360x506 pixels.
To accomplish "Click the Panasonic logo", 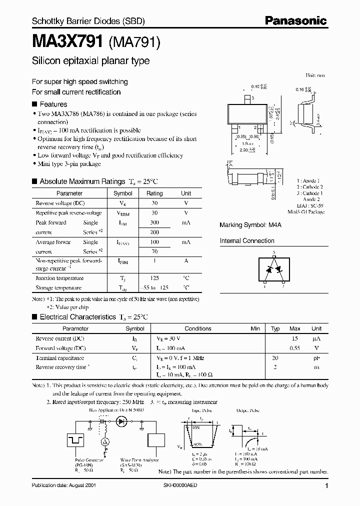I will (x=295, y=21).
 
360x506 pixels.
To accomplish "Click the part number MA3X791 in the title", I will (x=67, y=42).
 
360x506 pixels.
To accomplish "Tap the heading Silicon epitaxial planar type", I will (x=90, y=61).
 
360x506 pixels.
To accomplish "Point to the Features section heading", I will (x=53, y=104).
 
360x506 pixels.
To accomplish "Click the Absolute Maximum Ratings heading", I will (x=81, y=181).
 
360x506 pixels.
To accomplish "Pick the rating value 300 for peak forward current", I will (x=154, y=222).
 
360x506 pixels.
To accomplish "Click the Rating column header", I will (x=154, y=193).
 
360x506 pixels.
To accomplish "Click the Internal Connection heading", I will (x=247, y=240).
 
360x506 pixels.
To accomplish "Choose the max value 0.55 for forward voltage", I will (x=295, y=348).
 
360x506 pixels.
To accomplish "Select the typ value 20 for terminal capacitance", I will (x=274, y=358).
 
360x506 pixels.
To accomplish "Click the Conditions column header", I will (x=197, y=328).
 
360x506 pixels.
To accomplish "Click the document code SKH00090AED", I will (x=197, y=485).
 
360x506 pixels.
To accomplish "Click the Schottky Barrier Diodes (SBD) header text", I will (x=88, y=21).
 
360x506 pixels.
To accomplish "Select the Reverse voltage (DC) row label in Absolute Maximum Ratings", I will (x=60, y=203).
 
